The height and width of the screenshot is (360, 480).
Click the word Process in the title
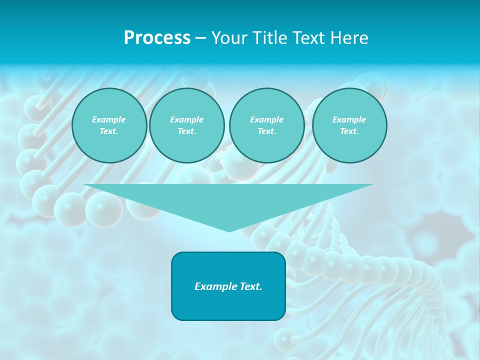pos(157,38)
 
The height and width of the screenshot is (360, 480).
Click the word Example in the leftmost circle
pos(109,119)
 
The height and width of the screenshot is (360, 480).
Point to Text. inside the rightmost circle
pos(349,131)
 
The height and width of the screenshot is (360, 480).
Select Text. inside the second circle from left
pos(186,131)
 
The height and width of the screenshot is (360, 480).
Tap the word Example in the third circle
pos(266,119)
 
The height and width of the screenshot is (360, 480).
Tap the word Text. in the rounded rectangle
pos(250,286)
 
